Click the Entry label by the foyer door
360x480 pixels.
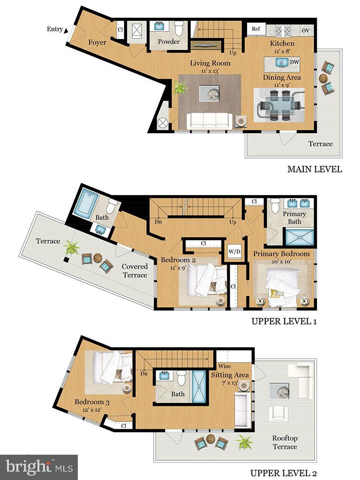(55, 29)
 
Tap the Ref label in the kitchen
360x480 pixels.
(256, 29)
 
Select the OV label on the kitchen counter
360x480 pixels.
(306, 30)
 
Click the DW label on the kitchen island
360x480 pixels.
(294, 62)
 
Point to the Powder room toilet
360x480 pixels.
(179, 29)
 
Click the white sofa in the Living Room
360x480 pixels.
(210, 120)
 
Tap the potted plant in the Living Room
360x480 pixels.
(180, 88)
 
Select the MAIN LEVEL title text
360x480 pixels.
(315, 169)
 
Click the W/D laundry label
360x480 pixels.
(234, 252)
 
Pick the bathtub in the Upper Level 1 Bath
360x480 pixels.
(87, 203)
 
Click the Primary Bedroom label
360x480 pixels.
(281, 254)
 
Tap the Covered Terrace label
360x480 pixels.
(135, 270)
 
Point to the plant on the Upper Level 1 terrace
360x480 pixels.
(71, 247)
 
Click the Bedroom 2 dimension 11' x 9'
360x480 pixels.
(178, 268)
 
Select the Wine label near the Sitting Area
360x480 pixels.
(225, 366)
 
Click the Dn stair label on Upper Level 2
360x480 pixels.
(144, 374)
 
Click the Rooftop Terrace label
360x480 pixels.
(285, 442)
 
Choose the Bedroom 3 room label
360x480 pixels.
(92, 402)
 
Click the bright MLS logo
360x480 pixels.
(39, 467)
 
